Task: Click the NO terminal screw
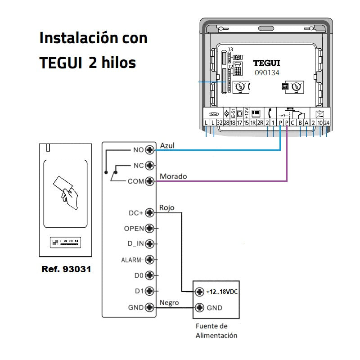tap(150, 150)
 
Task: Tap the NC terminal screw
tap(150, 166)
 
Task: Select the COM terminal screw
tap(150, 181)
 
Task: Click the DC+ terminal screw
tap(150, 213)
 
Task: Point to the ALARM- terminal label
tap(132, 260)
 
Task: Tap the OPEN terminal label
tap(134, 229)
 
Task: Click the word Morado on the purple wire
tap(173, 176)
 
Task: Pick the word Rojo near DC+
tap(167, 208)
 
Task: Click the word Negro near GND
tap(169, 302)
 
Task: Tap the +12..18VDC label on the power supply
tap(221, 292)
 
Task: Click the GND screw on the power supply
tap(200, 308)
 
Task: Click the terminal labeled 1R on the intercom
tap(253, 122)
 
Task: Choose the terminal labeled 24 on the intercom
tap(327, 122)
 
